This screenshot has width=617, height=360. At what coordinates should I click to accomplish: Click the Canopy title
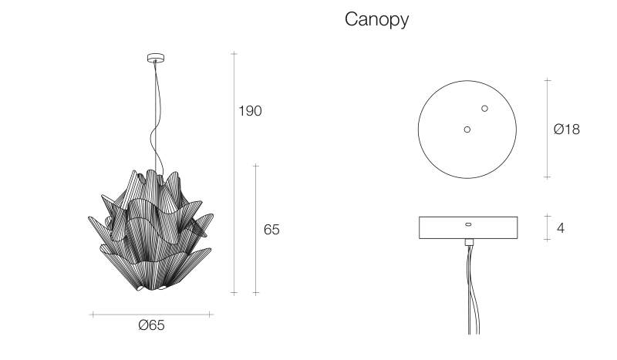coord(376,19)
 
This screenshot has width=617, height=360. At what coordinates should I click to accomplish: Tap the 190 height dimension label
coord(250,111)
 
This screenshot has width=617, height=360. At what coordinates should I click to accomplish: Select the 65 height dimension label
coord(271,230)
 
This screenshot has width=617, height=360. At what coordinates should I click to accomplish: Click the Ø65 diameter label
coord(151,325)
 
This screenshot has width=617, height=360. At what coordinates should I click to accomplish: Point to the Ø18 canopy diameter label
coord(567,129)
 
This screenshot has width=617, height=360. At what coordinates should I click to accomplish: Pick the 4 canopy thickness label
coord(561,228)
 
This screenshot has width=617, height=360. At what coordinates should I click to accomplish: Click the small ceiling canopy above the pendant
coord(156,59)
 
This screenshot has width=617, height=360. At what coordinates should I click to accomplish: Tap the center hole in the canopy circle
coord(467,130)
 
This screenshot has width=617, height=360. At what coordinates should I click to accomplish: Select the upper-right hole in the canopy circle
coord(485,108)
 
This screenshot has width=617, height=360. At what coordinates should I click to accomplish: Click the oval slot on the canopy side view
coord(468,224)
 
